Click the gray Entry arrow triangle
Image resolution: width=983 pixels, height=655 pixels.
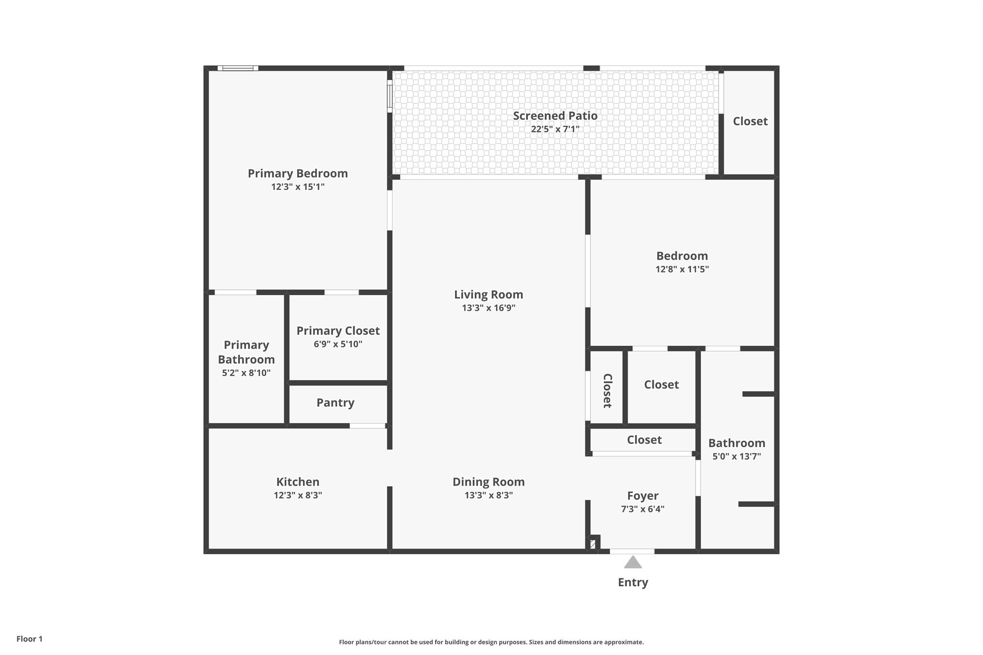coord(633,562)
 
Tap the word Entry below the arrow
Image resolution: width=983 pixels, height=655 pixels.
coord(633,582)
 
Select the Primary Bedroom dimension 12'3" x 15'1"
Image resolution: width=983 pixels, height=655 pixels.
coord(298,187)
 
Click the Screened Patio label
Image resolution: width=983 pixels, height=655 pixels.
coord(555,116)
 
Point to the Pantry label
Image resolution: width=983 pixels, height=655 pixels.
coord(335,403)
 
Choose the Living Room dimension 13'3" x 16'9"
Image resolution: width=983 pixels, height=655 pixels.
coord(489,308)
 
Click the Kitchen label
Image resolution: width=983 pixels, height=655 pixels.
coord(298,482)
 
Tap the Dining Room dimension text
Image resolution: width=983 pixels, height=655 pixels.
coord(489,495)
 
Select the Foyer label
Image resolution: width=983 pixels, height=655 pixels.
coord(642,496)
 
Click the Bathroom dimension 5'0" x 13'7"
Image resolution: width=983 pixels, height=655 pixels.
coord(736,456)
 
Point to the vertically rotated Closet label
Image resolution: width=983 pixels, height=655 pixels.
coord(607,391)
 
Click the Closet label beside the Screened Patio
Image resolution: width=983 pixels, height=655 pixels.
coord(750,121)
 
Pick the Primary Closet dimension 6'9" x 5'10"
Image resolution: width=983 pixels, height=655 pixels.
coord(338,344)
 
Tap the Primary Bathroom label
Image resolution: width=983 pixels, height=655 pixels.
coord(246,352)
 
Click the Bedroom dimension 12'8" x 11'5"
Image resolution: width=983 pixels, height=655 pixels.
coord(682,269)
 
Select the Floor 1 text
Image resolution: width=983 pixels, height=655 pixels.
coord(29,639)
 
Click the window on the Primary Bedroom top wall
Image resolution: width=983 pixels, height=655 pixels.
coord(238,68)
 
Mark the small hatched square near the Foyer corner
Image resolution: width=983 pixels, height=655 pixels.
coord(593,544)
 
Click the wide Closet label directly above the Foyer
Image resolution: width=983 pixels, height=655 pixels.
coord(644,440)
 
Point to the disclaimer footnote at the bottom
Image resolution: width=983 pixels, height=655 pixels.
coord(491,642)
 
